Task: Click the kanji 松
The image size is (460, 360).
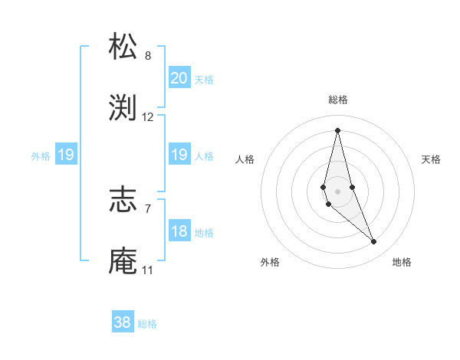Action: pos(123,46)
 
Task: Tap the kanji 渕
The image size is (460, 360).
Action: pos(123,108)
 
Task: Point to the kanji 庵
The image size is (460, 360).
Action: pos(123,260)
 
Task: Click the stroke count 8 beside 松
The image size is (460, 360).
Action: pos(148,55)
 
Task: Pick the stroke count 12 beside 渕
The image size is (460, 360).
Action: pos(148,117)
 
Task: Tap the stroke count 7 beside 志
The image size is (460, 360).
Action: pos(148,208)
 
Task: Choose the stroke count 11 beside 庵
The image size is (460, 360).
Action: pos(148,270)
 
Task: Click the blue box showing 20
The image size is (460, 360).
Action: pos(179,77)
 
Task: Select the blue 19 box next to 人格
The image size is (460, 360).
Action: pos(179,155)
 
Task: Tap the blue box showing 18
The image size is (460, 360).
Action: pos(179,231)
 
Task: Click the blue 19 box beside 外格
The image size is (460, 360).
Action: pos(65,155)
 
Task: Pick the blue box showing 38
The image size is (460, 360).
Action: pos(122,322)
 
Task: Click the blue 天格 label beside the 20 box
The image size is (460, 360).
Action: pos(203,79)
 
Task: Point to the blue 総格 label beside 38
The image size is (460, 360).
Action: pos(147,324)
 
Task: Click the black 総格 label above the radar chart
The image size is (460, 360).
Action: pos(338,100)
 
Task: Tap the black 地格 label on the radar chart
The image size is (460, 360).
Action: pos(402,262)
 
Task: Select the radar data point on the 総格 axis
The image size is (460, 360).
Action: pos(337,129)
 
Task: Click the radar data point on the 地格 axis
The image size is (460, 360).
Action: pos(374,242)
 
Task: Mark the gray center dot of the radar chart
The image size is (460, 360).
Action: pos(337,191)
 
